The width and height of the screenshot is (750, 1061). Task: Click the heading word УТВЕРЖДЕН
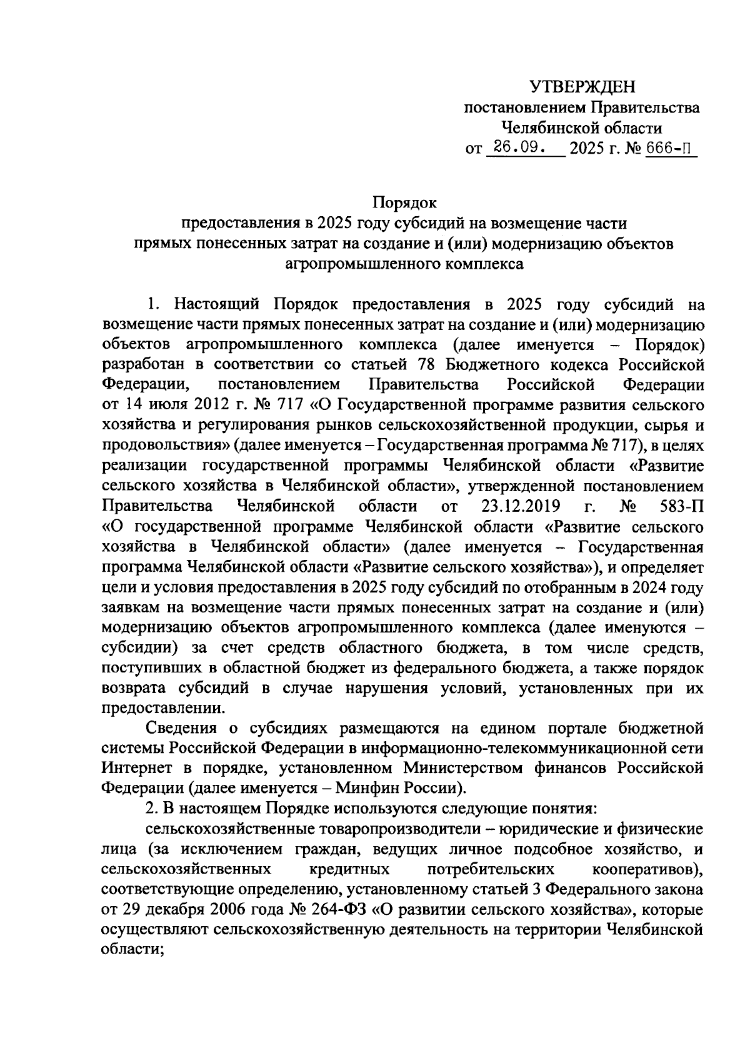pyautogui.click(x=582, y=87)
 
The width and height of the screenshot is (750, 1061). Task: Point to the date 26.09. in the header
pyautogui.click(x=519, y=149)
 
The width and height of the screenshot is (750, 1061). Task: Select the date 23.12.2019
pyautogui.click(x=520, y=506)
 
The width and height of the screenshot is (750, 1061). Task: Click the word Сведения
pyautogui.click(x=181, y=728)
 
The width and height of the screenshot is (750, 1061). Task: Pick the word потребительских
pyautogui.click(x=491, y=869)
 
